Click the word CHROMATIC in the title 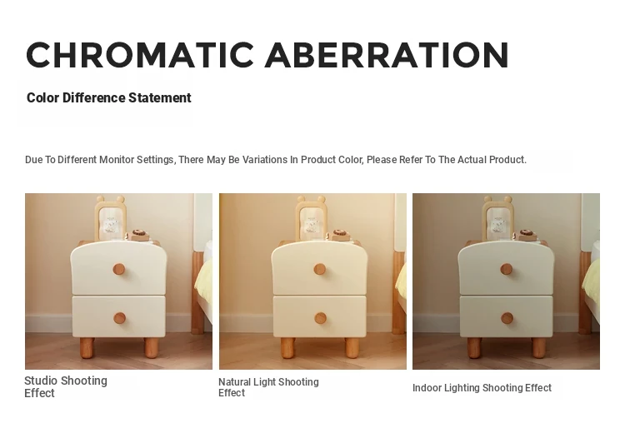(x=139, y=55)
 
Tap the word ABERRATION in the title (x=387, y=55)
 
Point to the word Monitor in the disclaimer (x=117, y=160)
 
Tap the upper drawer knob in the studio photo (x=119, y=270)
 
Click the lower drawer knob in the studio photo (x=119, y=318)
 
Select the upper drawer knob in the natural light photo (x=319, y=270)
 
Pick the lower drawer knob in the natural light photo (x=320, y=319)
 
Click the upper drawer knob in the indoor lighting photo (x=506, y=270)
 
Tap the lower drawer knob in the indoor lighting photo (x=507, y=318)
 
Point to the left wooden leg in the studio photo (x=87, y=346)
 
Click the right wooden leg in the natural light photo (x=352, y=347)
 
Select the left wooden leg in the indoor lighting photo (x=474, y=347)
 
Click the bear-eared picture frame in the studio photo (x=110, y=218)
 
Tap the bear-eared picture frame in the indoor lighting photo (x=497, y=218)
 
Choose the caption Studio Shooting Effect (x=66, y=386)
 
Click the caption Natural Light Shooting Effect (x=268, y=387)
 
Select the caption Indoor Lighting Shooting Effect (x=482, y=388)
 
